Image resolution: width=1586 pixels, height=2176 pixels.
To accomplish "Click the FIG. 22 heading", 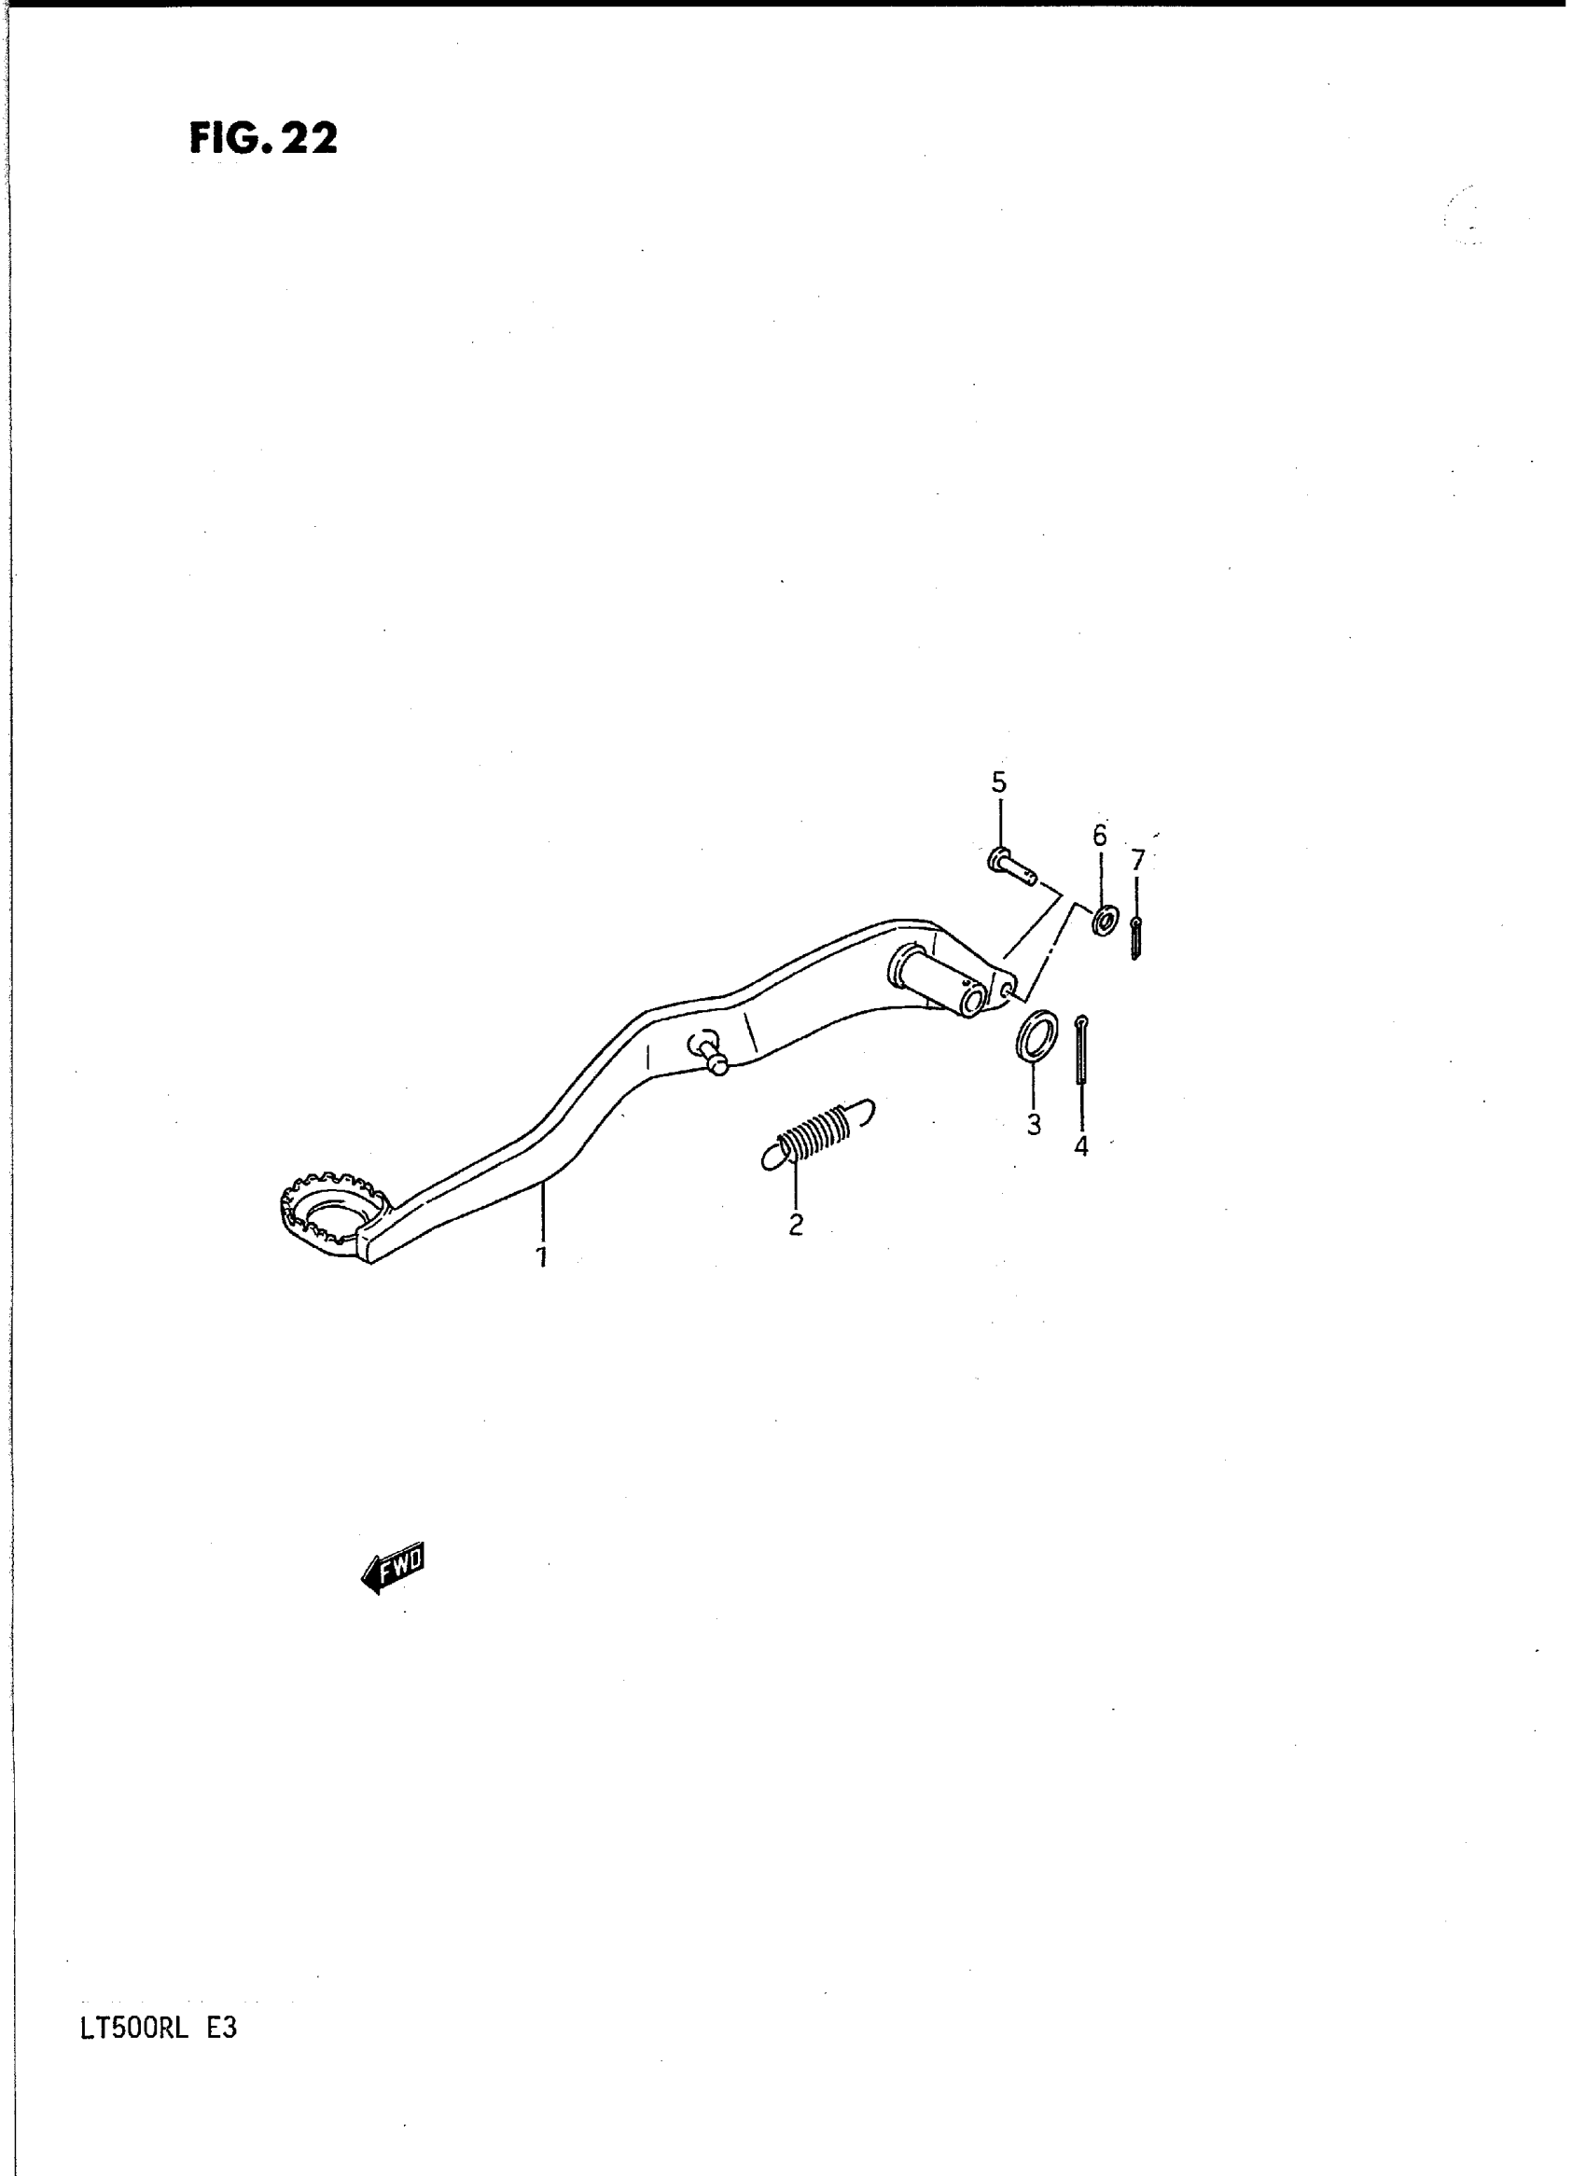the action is pos(263,139).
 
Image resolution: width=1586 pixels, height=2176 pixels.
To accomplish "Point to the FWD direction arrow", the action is pos(393,1571).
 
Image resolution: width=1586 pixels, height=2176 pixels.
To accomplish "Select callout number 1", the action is pos(541,1256).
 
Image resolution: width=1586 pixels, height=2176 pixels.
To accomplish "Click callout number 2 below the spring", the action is pos(795,1225).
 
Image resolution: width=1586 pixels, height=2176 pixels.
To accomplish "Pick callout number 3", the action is pos(1033,1125).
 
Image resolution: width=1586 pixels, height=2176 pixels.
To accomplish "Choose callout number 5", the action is pos(998,783).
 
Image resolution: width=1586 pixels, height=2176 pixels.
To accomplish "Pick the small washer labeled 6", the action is pos(1104,920).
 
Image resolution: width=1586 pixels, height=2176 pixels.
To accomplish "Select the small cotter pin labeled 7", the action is pos(1135,936).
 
